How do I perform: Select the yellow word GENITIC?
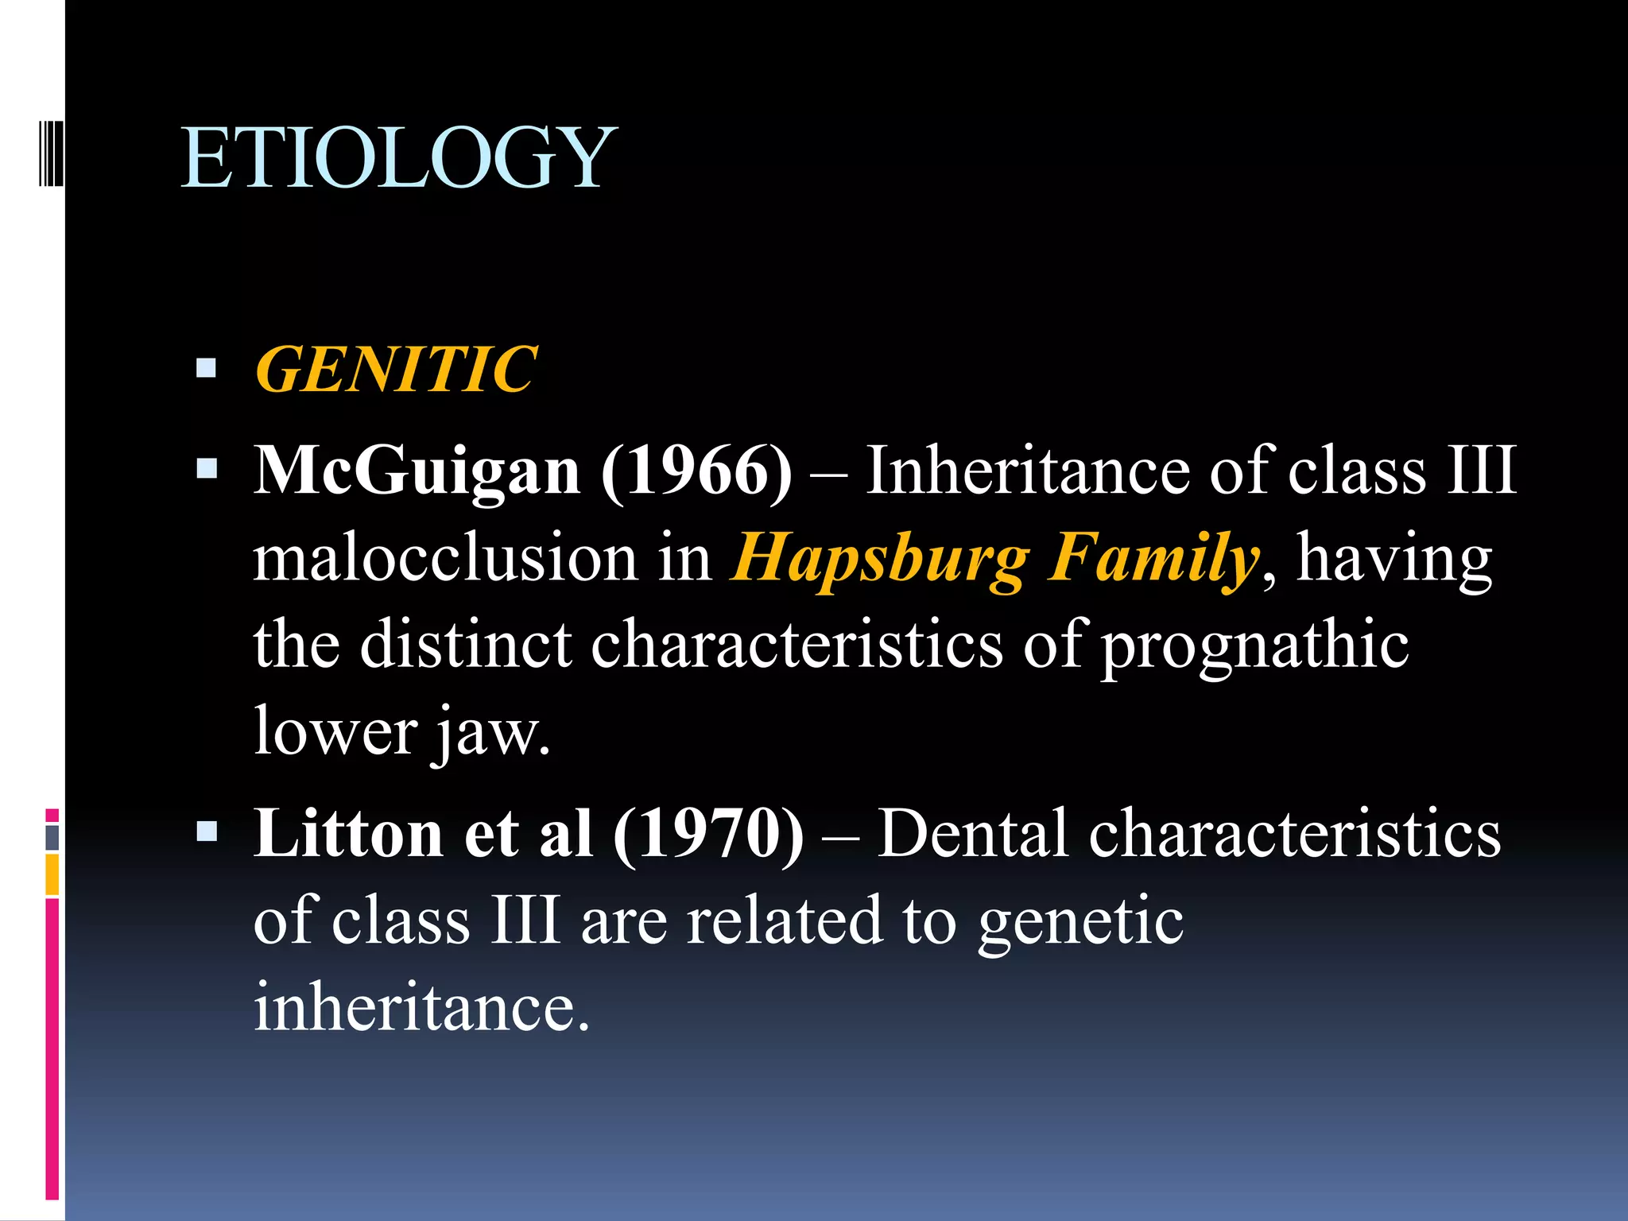pyautogui.click(x=396, y=370)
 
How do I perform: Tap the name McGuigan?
pyautogui.click(x=417, y=471)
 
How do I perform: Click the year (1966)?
pyautogui.click(x=696, y=471)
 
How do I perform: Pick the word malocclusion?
pyautogui.click(x=445, y=558)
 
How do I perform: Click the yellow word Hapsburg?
pyautogui.click(x=879, y=558)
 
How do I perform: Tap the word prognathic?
pyautogui.click(x=1254, y=645)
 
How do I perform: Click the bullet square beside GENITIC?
pyautogui.click(x=207, y=368)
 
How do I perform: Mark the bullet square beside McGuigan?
pyautogui.click(x=207, y=467)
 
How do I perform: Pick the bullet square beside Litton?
pyautogui.click(x=207, y=831)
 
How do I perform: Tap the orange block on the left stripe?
pyautogui.click(x=52, y=874)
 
